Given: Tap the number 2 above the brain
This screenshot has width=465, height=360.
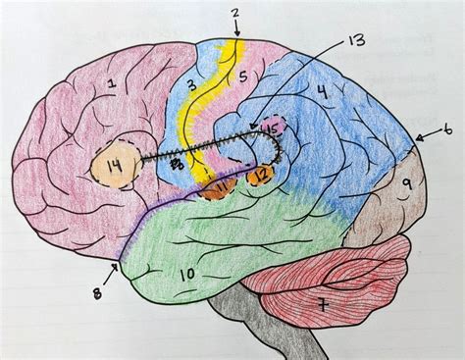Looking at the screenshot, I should [x=235, y=13].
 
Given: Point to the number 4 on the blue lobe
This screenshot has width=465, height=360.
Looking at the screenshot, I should [x=320, y=94].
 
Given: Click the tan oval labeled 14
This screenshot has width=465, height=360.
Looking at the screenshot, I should [x=114, y=169].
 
